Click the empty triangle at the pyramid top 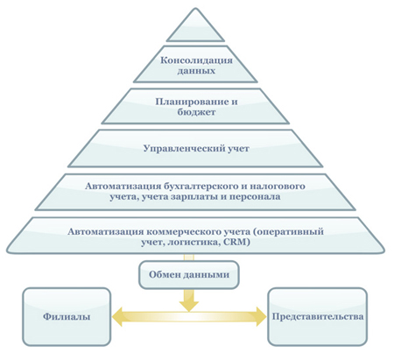click(x=195, y=28)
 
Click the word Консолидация click(x=196, y=60)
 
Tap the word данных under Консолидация click(x=196, y=71)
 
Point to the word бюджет click(x=196, y=112)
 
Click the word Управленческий click(x=184, y=148)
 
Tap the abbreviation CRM click(x=236, y=242)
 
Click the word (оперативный click(x=288, y=231)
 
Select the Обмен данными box click(x=189, y=275)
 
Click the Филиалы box click(x=67, y=317)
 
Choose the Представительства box click(x=318, y=317)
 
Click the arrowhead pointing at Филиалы click(x=117, y=316)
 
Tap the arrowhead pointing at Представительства click(x=261, y=316)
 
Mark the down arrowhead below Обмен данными click(x=189, y=306)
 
